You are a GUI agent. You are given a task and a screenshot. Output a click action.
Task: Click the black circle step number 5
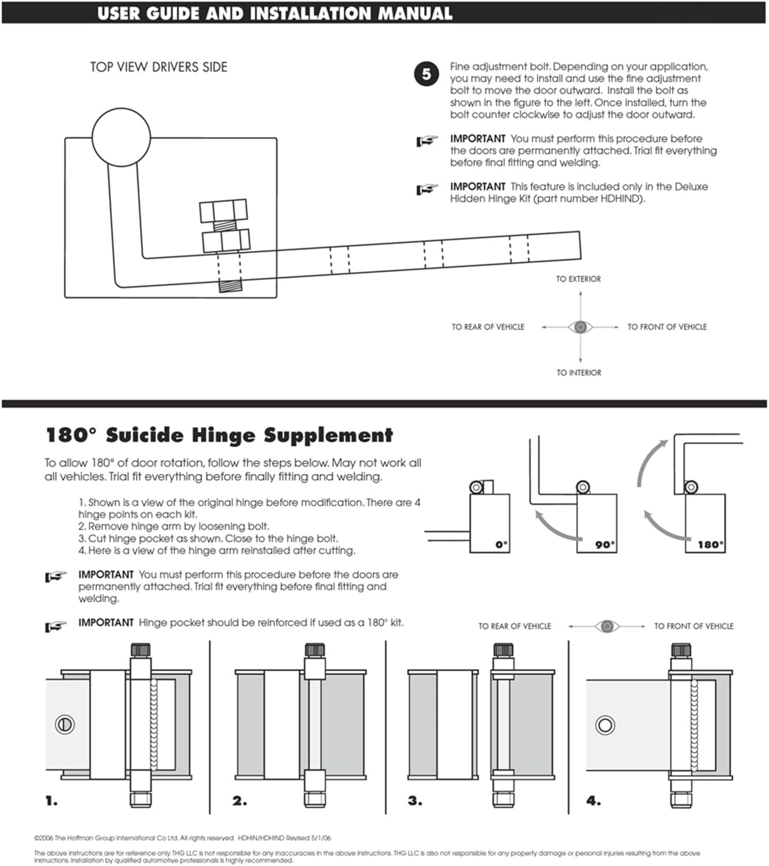pyautogui.click(x=426, y=74)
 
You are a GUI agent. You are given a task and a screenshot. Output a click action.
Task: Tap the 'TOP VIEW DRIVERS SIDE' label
pyautogui.click(x=158, y=67)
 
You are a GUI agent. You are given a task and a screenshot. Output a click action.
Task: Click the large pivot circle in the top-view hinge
pyautogui.click(x=121, y=137)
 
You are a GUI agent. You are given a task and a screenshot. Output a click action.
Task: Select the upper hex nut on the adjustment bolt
pyautogui.click(x=223, y=210)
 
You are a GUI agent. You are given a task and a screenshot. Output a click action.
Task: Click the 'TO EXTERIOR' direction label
pyautogui.click(x=579, y=279)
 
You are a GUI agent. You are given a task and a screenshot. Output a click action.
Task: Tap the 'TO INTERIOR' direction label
pyautogui.click(x=579, y=373)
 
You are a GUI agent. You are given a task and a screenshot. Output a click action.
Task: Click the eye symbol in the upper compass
pyautogui.click(x=580, y=327)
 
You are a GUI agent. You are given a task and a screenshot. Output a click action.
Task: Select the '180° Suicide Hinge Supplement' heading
pyautogui.click(x=219, y=436)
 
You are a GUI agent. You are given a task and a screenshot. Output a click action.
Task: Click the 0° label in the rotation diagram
pyautogui.click(x=501, y=544)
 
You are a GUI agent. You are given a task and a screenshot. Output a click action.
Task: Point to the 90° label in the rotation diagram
pyautogui.click(x=604, y=544)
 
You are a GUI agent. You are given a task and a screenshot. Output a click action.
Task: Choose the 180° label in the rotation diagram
pyautogui.click(x=710, y=544)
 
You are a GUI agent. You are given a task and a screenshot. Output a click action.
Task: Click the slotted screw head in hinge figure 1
pyautogui.click(x=64, y=724)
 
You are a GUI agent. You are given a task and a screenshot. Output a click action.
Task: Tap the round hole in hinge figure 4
pyautogui.click(x=605, y=725)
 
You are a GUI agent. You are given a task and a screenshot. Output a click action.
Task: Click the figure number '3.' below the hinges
pyautogui.click(x=415, y=801)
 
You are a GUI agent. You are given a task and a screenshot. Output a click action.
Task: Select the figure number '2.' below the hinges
pyautogui.click(x=239, y=801)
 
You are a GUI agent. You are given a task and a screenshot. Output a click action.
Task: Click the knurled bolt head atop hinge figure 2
pyautogui.click(x=315, y=650)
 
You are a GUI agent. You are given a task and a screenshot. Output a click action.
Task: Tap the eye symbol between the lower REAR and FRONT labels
pyautogui.click(x=607, y=627)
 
